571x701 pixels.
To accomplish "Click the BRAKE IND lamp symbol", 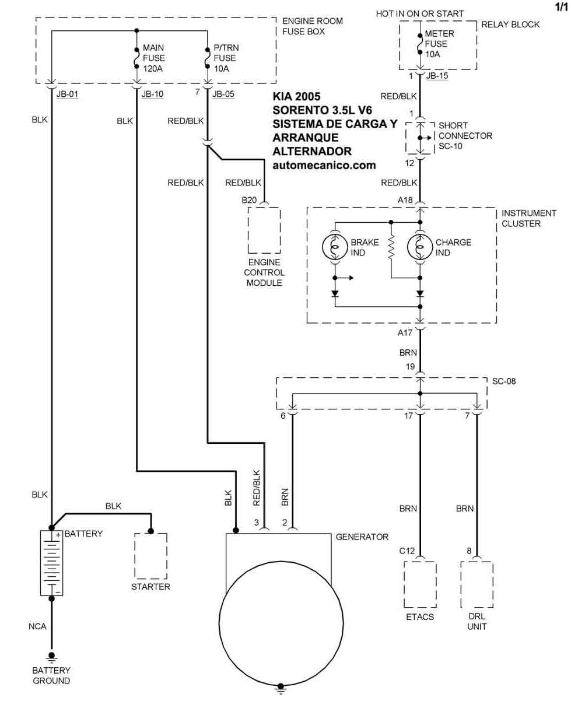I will [335, 247].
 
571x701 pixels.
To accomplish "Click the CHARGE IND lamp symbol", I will [420, 247].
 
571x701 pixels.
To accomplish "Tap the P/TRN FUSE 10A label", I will [226, 58].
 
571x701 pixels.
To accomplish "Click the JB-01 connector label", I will [67, 93].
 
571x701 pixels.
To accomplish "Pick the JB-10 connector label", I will [152, 93].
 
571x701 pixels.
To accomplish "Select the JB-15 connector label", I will [437, 76].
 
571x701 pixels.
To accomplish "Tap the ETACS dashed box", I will [420, 584].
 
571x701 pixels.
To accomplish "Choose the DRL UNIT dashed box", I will [477, 584].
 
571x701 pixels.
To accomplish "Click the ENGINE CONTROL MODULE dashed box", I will [264, 230].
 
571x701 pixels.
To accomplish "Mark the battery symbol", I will [52, 563].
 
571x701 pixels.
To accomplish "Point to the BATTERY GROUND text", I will [51, 675].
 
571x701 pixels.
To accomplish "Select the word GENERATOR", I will [362, 537].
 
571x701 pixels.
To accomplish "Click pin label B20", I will [249, 199].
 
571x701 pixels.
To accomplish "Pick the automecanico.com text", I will [324, 165].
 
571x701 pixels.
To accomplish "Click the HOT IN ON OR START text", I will [420, 13].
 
